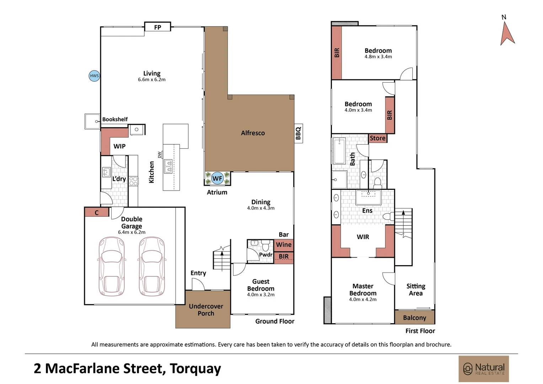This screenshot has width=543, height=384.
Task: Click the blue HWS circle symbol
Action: [94, 76]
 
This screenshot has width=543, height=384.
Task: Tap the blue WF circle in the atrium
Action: [217, 178]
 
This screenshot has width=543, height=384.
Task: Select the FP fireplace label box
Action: [157, 27]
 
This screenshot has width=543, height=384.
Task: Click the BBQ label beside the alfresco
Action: [299, 133]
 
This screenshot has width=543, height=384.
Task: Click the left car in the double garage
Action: [111, 266]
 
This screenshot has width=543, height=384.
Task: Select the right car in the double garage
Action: [152, 266]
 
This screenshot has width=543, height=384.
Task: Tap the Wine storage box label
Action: [284, 245]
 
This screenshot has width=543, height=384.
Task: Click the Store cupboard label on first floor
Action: [377, 138]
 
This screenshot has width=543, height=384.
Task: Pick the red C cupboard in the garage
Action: [97, 213]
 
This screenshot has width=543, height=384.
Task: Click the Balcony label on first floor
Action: [414, 318]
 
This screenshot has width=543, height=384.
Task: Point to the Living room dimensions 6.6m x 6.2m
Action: [152, 80]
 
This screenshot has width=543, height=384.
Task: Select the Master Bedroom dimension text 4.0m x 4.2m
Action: [362, 299]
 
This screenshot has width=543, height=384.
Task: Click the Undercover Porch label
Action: [206, 310]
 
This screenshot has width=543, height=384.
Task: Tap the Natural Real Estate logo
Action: [484, 369]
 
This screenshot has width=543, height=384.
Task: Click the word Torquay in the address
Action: [195, 369]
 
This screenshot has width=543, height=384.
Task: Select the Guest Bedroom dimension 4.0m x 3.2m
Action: [260, 294]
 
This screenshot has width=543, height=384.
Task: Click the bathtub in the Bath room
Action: [339, 151]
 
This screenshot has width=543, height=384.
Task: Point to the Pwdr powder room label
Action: [265, 255]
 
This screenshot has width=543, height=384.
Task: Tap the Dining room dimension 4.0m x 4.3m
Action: [260, 208]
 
